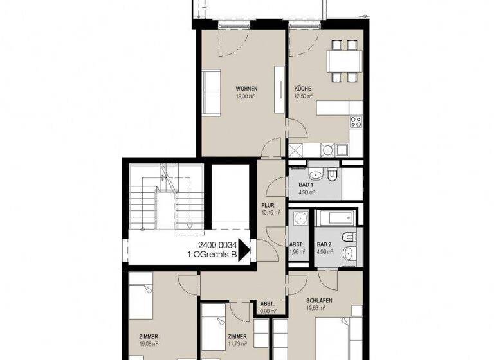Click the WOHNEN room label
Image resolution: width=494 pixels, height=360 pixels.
tap(246, 88)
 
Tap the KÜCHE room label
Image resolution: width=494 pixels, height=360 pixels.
tap(303, 88)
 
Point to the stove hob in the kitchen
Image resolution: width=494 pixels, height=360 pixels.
tap(356, 120)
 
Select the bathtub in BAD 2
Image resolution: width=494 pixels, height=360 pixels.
tap(333, 217)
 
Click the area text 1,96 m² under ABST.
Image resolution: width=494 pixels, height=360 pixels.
tap(297, 251)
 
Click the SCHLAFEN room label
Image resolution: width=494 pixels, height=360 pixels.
tap(318, 300)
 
